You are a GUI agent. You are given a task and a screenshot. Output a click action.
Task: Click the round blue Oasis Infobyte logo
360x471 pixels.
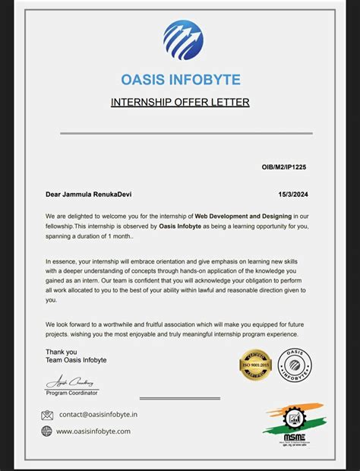[x=183, y=40]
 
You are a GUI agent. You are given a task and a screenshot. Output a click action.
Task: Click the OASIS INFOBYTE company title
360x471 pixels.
[x=180, y=80]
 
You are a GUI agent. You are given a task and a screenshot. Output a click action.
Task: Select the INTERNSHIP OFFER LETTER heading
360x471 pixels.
[x=180, y=102]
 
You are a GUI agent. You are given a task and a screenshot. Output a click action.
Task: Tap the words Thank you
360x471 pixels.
[x=61, y=352]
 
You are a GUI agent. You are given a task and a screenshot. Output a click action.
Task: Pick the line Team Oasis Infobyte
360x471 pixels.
[x=76, y=360]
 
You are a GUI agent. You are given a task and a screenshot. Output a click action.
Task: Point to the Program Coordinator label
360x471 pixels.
[x=71, y=393]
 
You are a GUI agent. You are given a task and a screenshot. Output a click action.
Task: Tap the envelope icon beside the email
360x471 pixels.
[x=47, y=415]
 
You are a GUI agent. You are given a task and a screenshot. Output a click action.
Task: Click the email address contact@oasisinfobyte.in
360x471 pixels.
[x=99, y=415]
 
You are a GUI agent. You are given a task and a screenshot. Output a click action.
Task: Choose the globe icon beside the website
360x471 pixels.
[x=47, y=431]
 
